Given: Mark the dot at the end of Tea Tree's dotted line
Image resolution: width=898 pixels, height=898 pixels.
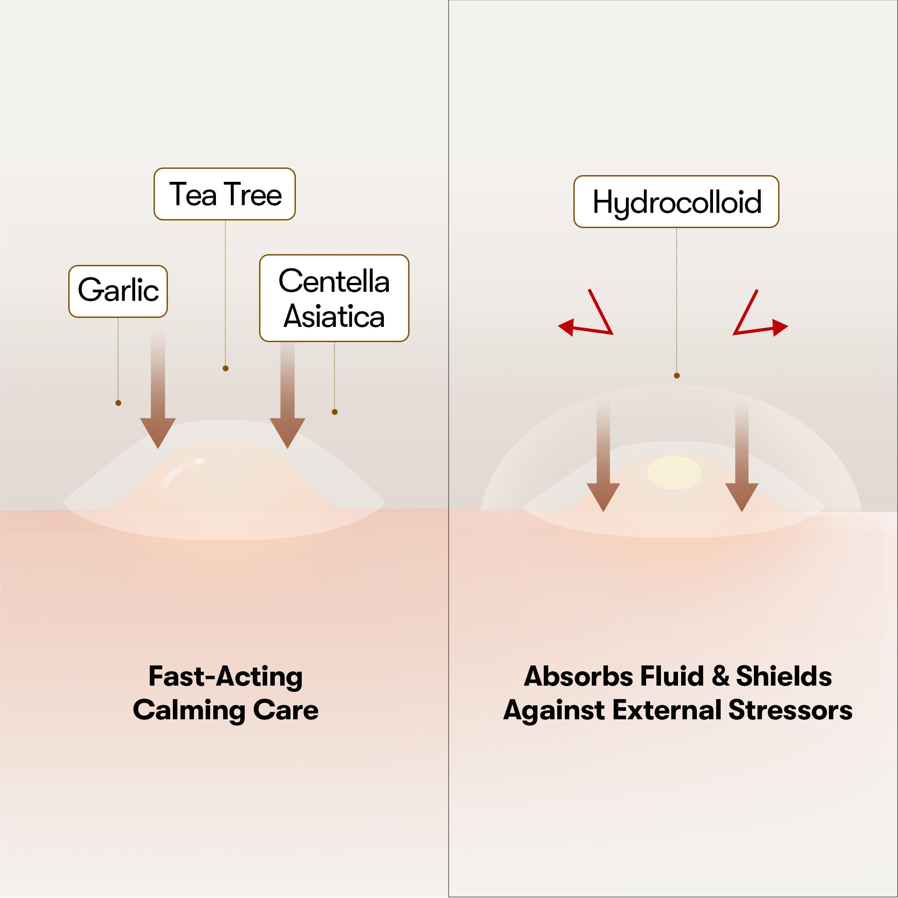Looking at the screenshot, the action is [225, 369].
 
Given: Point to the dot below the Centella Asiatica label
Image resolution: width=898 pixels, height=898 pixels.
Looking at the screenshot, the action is [335, 412].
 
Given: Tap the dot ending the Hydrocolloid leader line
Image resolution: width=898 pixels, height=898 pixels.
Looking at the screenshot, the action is [677, 375].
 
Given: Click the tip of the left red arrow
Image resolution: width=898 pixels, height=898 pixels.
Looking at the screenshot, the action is [558, 327].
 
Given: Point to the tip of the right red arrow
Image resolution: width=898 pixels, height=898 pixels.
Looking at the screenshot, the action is [788, 327].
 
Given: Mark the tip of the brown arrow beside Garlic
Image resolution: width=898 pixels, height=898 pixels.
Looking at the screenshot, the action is [158, 448].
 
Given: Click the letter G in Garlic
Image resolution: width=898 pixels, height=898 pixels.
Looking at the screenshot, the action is [89, 290].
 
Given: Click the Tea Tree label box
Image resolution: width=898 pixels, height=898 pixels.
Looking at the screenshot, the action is [224, 194].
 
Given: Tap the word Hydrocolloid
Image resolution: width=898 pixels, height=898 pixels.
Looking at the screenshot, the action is [677, 203].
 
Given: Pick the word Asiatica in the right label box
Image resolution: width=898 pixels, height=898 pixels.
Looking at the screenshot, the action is [334, 317].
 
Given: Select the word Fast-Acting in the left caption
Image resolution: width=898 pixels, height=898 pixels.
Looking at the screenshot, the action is [225, 676].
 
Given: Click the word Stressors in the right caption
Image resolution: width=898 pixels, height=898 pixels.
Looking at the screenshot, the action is [790, 710].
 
